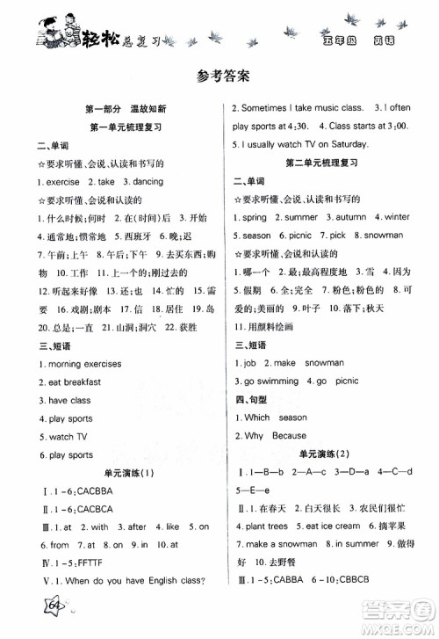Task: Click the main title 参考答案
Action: (219, 76)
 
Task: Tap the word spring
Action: (255, 217)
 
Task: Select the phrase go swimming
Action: (278, 381)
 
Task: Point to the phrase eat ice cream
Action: (335, 526)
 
